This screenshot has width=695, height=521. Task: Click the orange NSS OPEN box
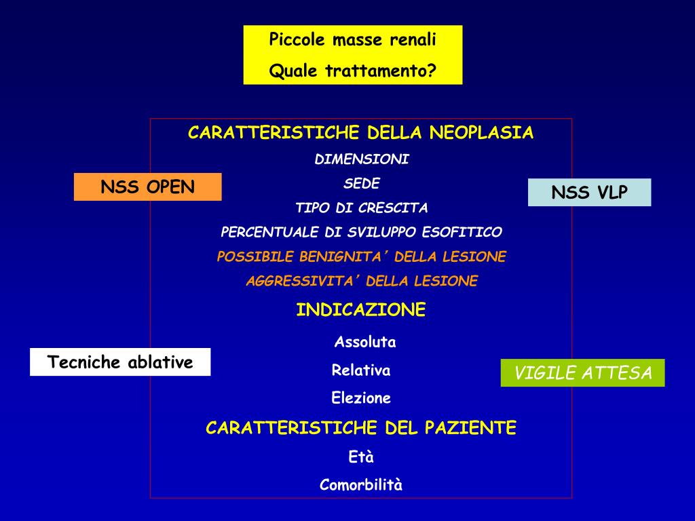pyautogui.click(x=148, y=187)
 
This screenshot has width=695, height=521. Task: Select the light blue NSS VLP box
pyautogui.click(x=589, y=193)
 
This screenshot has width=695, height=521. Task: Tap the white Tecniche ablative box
pyautogui.click(x=120, y=362)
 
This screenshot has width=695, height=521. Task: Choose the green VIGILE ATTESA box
pyautogui.click(x=583, y=373)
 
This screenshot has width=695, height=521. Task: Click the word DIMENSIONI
pyautogui.click(x=362, y=159)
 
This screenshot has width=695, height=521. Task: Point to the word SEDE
pyautogui.click(x=362, y=184)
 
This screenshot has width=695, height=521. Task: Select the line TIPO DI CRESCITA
pyautogui.click(x=362, y=208)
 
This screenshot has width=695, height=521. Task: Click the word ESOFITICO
pyautogui.click(x=462, y=232)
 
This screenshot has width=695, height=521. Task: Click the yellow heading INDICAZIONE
pyautogui.click(x=361, y=310)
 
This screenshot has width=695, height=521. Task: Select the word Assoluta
pyautogui.click(x=365, y=342)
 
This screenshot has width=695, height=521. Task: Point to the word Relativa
pyautogui.click(x=361, y=370)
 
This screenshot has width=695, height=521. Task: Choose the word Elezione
pyautogui.click(x=361, y=398)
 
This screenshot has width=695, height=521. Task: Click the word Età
pyautogui.click(x=361, y=457)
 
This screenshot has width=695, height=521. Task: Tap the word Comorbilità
pyautogui.click(x=361, y=485)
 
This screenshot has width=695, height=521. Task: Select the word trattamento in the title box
pyautogui.click(x=380, y=71)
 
